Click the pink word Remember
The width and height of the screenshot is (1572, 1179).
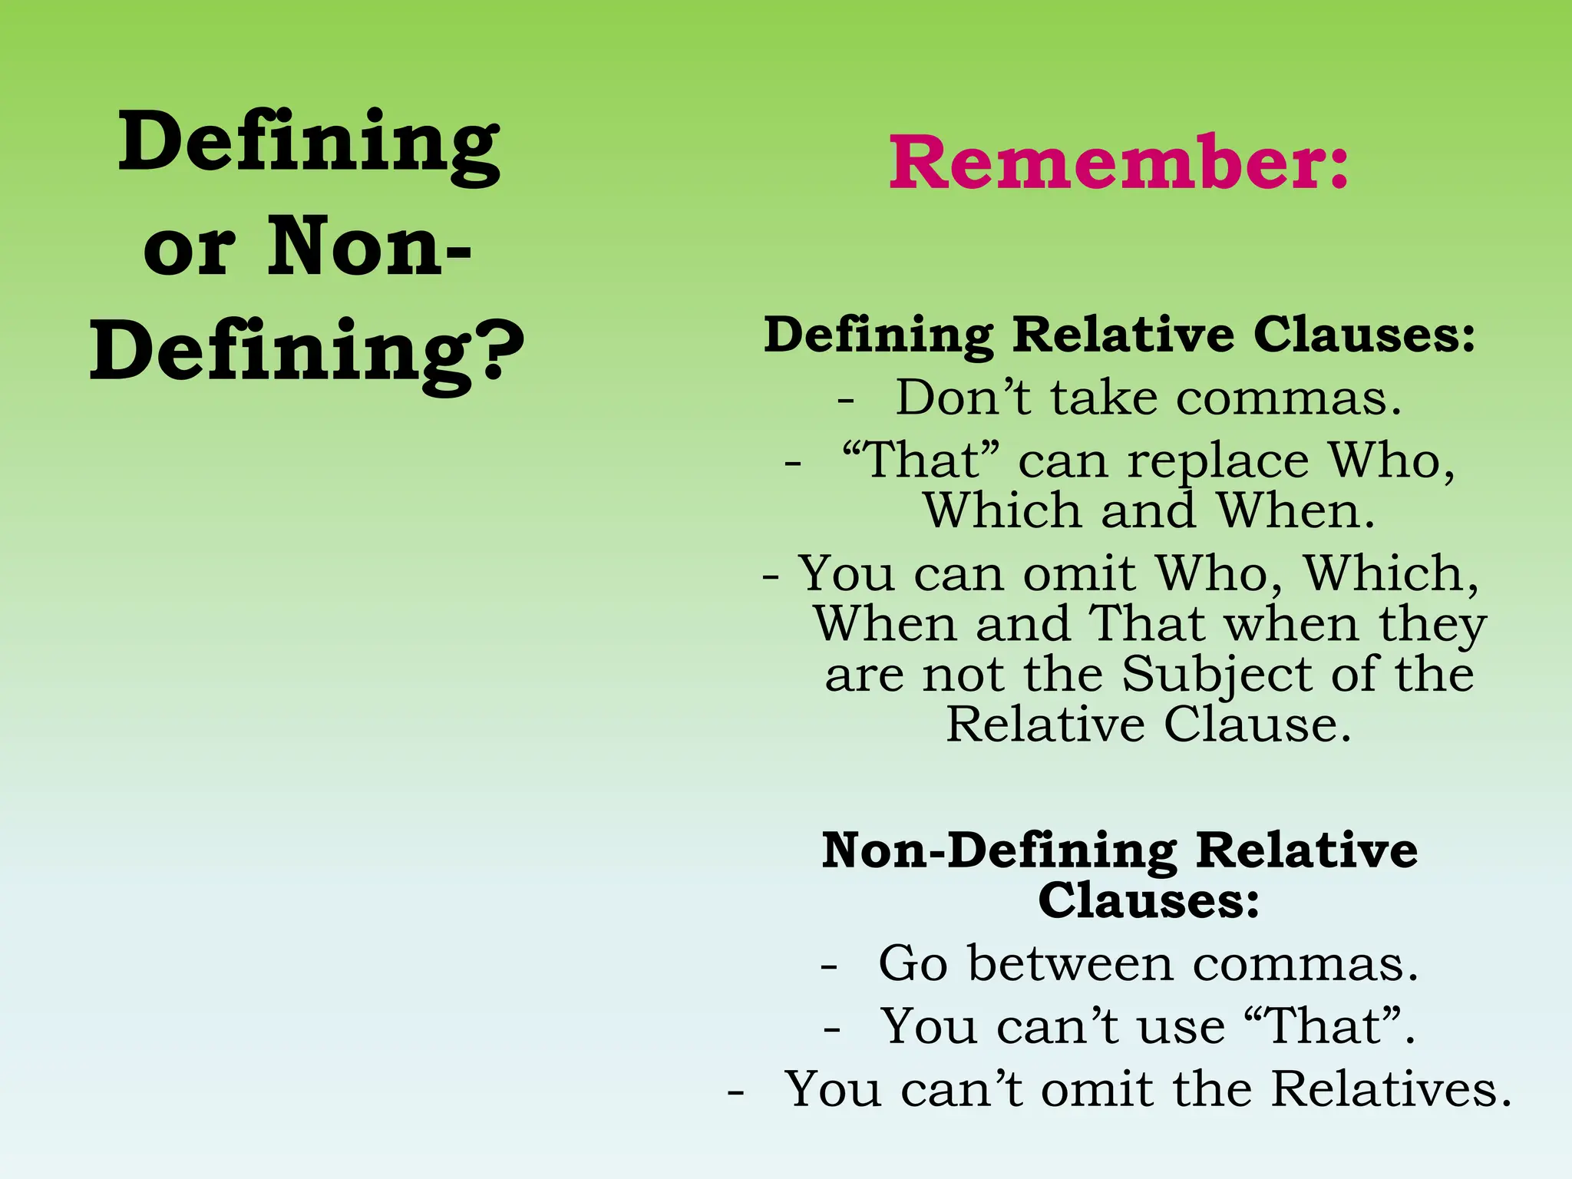(x=1105, y=163)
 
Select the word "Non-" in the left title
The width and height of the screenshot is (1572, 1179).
(x=369, y=247)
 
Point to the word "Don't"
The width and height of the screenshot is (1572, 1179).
(x=963, y=398)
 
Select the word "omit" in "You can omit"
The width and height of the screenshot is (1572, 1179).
(x=1079, y=573)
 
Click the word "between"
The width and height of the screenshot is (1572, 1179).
(x=1071, y=963)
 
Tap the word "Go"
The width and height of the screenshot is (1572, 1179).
(x=913, y=963)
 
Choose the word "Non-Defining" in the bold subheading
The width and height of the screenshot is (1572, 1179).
(x=999, y=850)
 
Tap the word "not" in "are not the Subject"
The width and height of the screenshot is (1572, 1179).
(x=963, y=675)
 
